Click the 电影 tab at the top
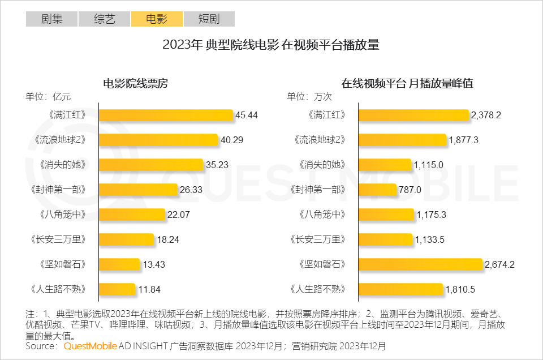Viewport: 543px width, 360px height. (157, 19)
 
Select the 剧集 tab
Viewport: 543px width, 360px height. (52, 19)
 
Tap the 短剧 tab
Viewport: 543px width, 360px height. (209, 19)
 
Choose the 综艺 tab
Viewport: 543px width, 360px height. (105, 19)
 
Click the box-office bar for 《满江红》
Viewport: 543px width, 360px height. (166, 115)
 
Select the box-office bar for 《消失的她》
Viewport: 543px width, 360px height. (151, 165)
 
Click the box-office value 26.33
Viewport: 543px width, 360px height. (192, 190)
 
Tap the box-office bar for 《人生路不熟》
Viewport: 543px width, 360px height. (118, 289)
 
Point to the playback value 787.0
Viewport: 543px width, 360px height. (410, 190)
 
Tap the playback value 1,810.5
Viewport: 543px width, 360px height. (461, 289)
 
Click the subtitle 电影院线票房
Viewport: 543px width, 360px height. (136, 83)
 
